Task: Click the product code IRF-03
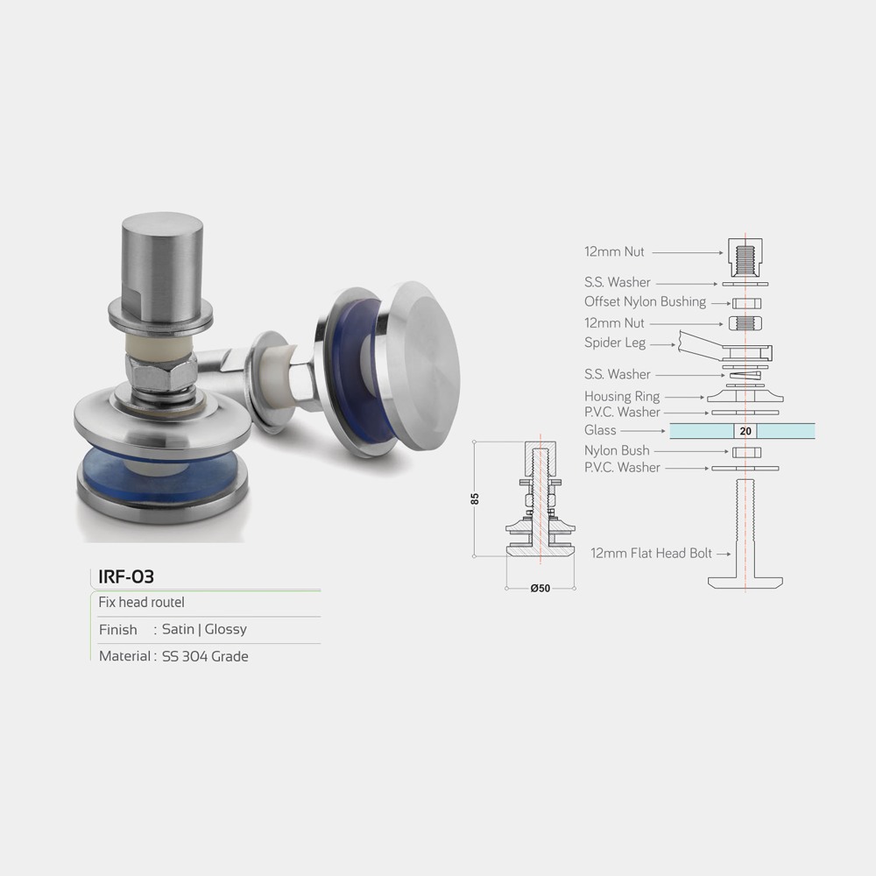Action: click(x=125, y=576)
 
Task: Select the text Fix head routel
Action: click(x=141, y=603)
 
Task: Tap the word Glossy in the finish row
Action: click(x=226, y=629)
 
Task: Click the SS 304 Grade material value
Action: click(x=205, y=656)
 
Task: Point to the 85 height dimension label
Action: click(x=475, y=498)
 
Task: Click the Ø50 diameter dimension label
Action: click(x=540, y=588)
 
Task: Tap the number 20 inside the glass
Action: click(x=745, y=431)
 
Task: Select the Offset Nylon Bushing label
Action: click(x=646, y=301)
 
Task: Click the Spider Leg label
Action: click(x=615, y=343)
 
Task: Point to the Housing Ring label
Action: click(x=622, y=396)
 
